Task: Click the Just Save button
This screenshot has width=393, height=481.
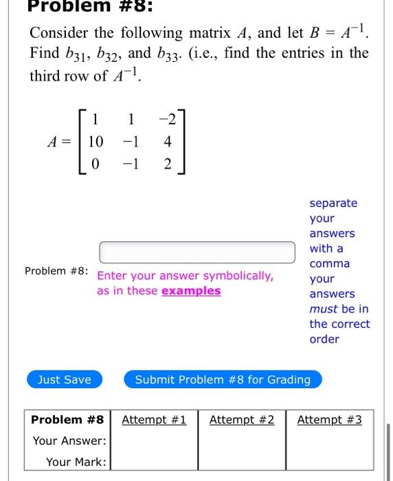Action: [x=64, y=379]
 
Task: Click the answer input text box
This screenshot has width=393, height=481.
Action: [x=196, y=252]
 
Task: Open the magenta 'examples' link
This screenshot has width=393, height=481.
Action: [x=191, y=291]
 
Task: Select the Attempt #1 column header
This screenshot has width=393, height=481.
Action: [x=154, y=420]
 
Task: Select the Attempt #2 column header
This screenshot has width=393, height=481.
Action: [x=242, y=420]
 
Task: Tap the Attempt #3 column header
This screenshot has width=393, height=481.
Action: [x=329, y=420]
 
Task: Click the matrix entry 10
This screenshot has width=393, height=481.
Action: [x=96, y=142]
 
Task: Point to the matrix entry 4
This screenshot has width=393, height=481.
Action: [x=168, y=142]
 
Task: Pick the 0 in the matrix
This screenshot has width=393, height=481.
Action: [x=96, y=165]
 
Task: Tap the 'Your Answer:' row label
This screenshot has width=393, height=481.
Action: [x=70, y=440]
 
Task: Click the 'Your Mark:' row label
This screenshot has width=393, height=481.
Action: [x=76, y=462]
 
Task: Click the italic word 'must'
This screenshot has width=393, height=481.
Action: [x=323, y=309]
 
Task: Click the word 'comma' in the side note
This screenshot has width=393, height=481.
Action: [x=330, y=263]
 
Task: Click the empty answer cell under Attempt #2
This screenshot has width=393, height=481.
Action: [x=242, y=440]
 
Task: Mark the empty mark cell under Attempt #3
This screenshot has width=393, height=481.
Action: [x=329, y=462]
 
